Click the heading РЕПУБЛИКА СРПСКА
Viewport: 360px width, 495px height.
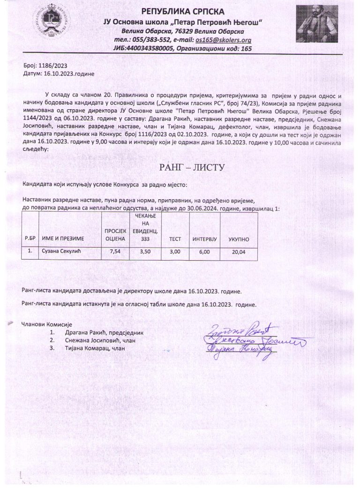click(183, 11)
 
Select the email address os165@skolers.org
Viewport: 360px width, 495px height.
click(224, 40)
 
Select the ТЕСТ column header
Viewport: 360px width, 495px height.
click(175, 239)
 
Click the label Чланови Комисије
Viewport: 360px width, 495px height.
click(45, 324)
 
